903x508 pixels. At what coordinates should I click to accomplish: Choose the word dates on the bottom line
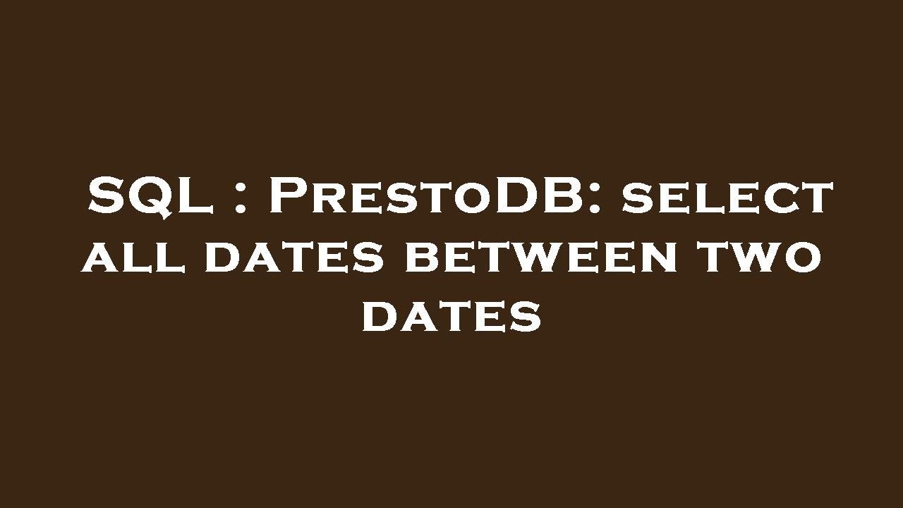[451, 317]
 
